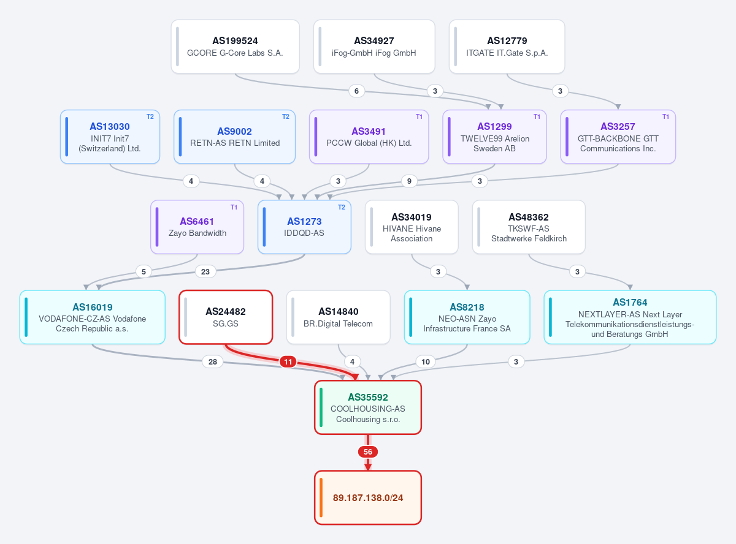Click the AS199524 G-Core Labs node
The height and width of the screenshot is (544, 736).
click(236, 47)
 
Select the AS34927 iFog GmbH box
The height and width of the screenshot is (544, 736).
click(374, 47)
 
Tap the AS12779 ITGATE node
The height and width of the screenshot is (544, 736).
click(507, 47)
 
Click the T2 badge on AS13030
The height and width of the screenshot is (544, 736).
click(150, 116)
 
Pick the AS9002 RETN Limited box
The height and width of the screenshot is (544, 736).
click(235, 137)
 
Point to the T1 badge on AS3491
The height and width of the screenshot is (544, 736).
click(419, 116)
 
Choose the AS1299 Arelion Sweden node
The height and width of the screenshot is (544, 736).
click(494, 137)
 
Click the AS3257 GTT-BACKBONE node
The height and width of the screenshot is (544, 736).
click(618, 137)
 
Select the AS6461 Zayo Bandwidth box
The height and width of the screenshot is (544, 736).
click(197, 227)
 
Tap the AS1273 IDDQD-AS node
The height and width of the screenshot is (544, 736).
click(304, 227)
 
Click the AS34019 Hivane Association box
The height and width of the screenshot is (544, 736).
click(412, 227)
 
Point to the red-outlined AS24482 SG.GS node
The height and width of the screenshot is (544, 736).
click(226, 317)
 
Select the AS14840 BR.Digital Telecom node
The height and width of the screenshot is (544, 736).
click(338, 317)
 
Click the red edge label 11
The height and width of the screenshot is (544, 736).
click(288, 361)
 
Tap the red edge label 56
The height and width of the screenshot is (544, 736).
click(367, 452)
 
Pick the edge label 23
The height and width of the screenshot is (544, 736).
click(205, 271)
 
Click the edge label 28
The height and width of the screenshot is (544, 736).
click(213, 361)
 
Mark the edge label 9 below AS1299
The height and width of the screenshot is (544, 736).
click(409, 181)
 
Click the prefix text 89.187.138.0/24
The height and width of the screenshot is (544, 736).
click(368, 498)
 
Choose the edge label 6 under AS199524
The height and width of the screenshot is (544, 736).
click(356, 91)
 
